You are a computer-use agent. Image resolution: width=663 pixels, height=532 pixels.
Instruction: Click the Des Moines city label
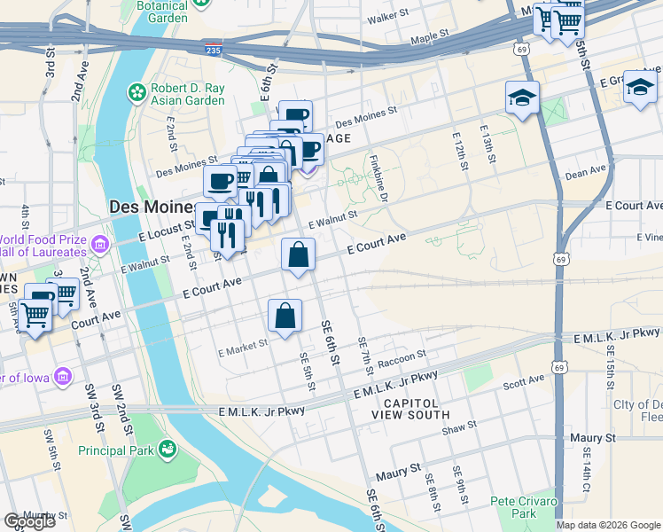[x=151, y=206]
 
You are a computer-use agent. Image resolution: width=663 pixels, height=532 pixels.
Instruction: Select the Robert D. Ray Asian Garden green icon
[x=137, y=91]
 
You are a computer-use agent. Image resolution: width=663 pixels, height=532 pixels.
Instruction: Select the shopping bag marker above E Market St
[x=285, y=317]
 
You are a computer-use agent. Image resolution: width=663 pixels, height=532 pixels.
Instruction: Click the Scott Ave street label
[x=522, y=382]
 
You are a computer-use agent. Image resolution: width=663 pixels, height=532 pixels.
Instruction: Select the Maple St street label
[x=431, y=38]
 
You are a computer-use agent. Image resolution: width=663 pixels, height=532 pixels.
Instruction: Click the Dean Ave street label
[x=585, y=170]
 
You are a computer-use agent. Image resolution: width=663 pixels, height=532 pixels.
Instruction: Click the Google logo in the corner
[x=29, y=521]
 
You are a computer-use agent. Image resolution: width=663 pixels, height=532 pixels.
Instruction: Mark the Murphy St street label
[x=44, y=515]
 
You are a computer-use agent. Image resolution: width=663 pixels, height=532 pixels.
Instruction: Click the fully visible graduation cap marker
[x=523, y=98]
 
